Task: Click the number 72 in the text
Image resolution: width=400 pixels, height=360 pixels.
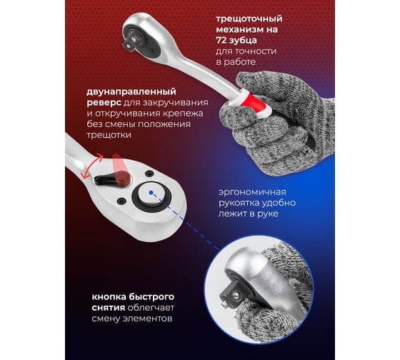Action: click(x=221, y=40)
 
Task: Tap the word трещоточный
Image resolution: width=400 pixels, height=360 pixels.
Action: click(x=249, y=19)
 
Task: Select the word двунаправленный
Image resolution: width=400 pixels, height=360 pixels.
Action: click(x=131, y=91)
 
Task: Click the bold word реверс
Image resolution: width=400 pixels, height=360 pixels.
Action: click(x=104, y=103)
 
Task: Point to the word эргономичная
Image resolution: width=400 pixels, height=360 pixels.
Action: click(x=252, y=192)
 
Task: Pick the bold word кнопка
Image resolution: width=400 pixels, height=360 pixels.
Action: click(x=109, y=297)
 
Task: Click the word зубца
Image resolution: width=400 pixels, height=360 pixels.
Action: click(x=243, y=41)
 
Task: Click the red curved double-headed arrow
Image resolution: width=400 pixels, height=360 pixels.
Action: click(x=91, y=166)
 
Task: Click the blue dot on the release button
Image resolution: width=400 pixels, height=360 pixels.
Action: click(x=151, y=192)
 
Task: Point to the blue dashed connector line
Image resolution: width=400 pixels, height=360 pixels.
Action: click(x=185, y=221)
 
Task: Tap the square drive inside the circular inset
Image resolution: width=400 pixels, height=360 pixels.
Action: click(x=231, y=296)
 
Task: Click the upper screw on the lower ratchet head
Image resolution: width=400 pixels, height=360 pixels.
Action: click(x=149, y=174)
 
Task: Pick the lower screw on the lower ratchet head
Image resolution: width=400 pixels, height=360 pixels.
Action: click(x=121, y=201)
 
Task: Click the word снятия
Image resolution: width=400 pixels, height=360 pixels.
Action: click(x=108, y=308)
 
